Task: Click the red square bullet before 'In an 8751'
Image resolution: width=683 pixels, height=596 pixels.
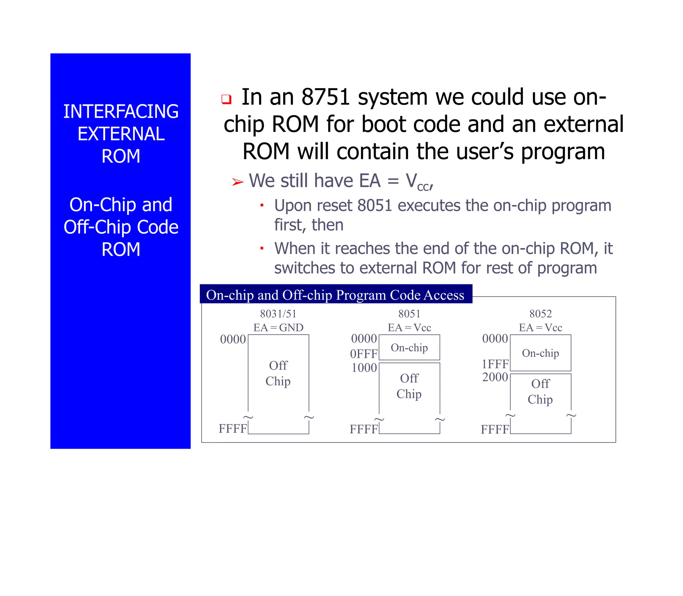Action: (226, 99)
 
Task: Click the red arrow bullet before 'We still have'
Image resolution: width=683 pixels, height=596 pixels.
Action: (238, 182)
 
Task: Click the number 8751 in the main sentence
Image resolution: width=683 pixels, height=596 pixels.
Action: (325, 97)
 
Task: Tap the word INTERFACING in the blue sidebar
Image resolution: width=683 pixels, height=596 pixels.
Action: (121, 111)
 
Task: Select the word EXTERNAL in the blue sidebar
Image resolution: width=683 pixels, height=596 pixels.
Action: (121, 134)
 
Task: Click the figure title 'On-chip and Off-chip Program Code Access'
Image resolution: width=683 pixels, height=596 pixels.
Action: (335, 295)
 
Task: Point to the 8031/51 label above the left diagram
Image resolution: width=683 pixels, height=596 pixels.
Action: (278, 314)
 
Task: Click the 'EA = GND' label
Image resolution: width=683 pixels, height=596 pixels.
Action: (278, 328)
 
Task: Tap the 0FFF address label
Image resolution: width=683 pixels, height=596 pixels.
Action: (364, 354)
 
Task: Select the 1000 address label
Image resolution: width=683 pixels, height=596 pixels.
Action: (364, 368)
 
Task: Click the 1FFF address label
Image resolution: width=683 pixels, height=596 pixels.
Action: (495, 364)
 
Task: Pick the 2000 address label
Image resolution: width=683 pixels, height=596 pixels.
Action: (495, 377)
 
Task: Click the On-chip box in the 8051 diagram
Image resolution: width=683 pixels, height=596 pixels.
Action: (409, 348)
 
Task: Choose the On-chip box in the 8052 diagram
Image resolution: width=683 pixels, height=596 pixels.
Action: (540, 353)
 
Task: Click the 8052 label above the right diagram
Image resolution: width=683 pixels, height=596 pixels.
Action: (541, 314)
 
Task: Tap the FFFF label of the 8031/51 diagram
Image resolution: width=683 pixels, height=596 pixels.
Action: (233, 429)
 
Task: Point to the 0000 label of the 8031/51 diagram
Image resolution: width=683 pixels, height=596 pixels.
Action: (233, 339)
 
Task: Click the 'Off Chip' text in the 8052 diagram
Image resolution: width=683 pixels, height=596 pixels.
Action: (540, 392)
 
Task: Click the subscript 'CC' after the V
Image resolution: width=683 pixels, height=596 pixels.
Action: (423, 187)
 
